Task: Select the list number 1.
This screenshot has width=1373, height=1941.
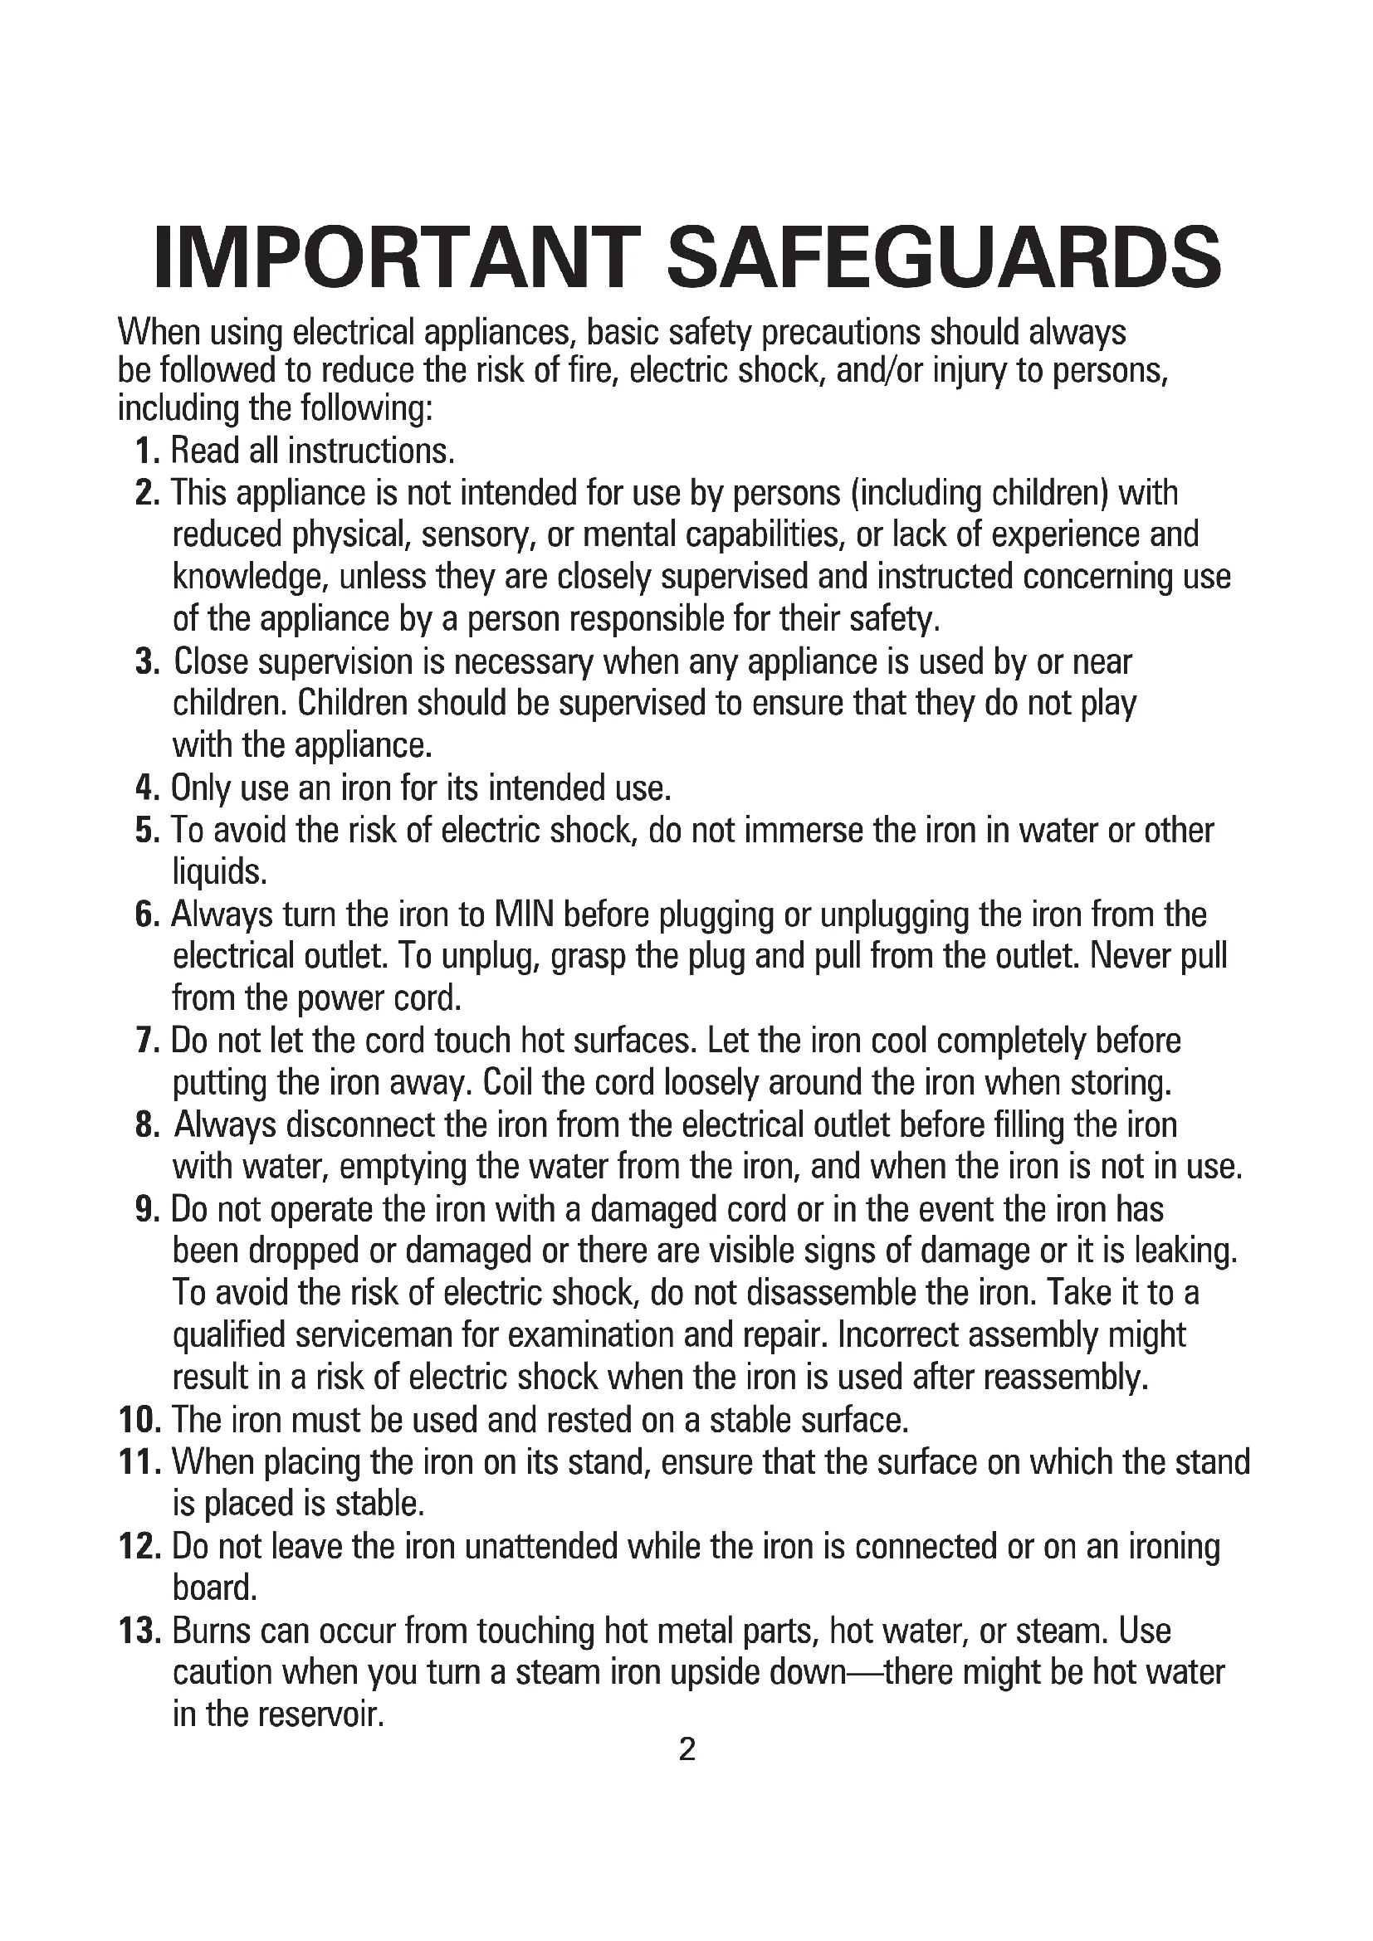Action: click(147, 451)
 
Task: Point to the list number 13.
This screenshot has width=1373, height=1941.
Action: click(139, 1631)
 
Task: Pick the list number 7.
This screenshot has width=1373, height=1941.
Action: click(147, 1041)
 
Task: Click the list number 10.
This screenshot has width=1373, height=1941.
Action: click(139, 1420)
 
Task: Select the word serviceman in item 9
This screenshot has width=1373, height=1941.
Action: click(373, 1336)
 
